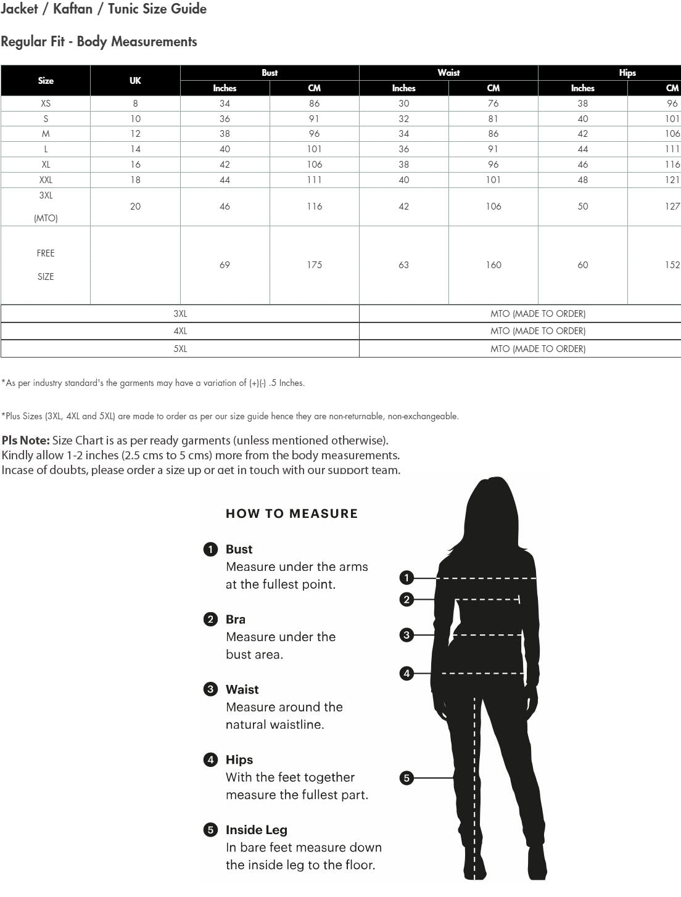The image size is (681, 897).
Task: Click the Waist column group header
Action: point(448,73)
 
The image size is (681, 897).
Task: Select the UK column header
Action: point(135,81)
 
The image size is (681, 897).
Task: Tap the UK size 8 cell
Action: point(135,104)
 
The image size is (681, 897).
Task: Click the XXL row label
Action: point(46,180)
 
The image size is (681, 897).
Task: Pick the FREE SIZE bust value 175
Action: point(315,265)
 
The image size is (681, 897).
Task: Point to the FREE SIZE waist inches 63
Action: point(404,265)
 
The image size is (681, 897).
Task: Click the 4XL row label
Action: point(180,331)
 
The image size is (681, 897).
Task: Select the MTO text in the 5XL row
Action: point(538,349)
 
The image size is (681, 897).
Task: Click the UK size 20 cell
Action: point(135,207)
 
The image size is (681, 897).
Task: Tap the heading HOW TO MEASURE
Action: point(292,514)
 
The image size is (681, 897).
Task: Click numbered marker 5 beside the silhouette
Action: point(407,778)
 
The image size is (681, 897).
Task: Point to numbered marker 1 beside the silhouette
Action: point(407,578)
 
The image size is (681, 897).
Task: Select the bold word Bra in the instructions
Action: point(236,620)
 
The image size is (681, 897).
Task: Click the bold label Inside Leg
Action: point(257,830)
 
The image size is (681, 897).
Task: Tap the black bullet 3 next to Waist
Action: point(211,689)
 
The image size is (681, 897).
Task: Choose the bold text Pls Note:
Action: point(26,441)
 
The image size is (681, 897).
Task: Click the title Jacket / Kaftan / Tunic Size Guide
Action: point(104,9)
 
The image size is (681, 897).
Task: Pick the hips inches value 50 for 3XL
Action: point(583,207)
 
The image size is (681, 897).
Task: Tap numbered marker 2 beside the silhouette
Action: point(407,599)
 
